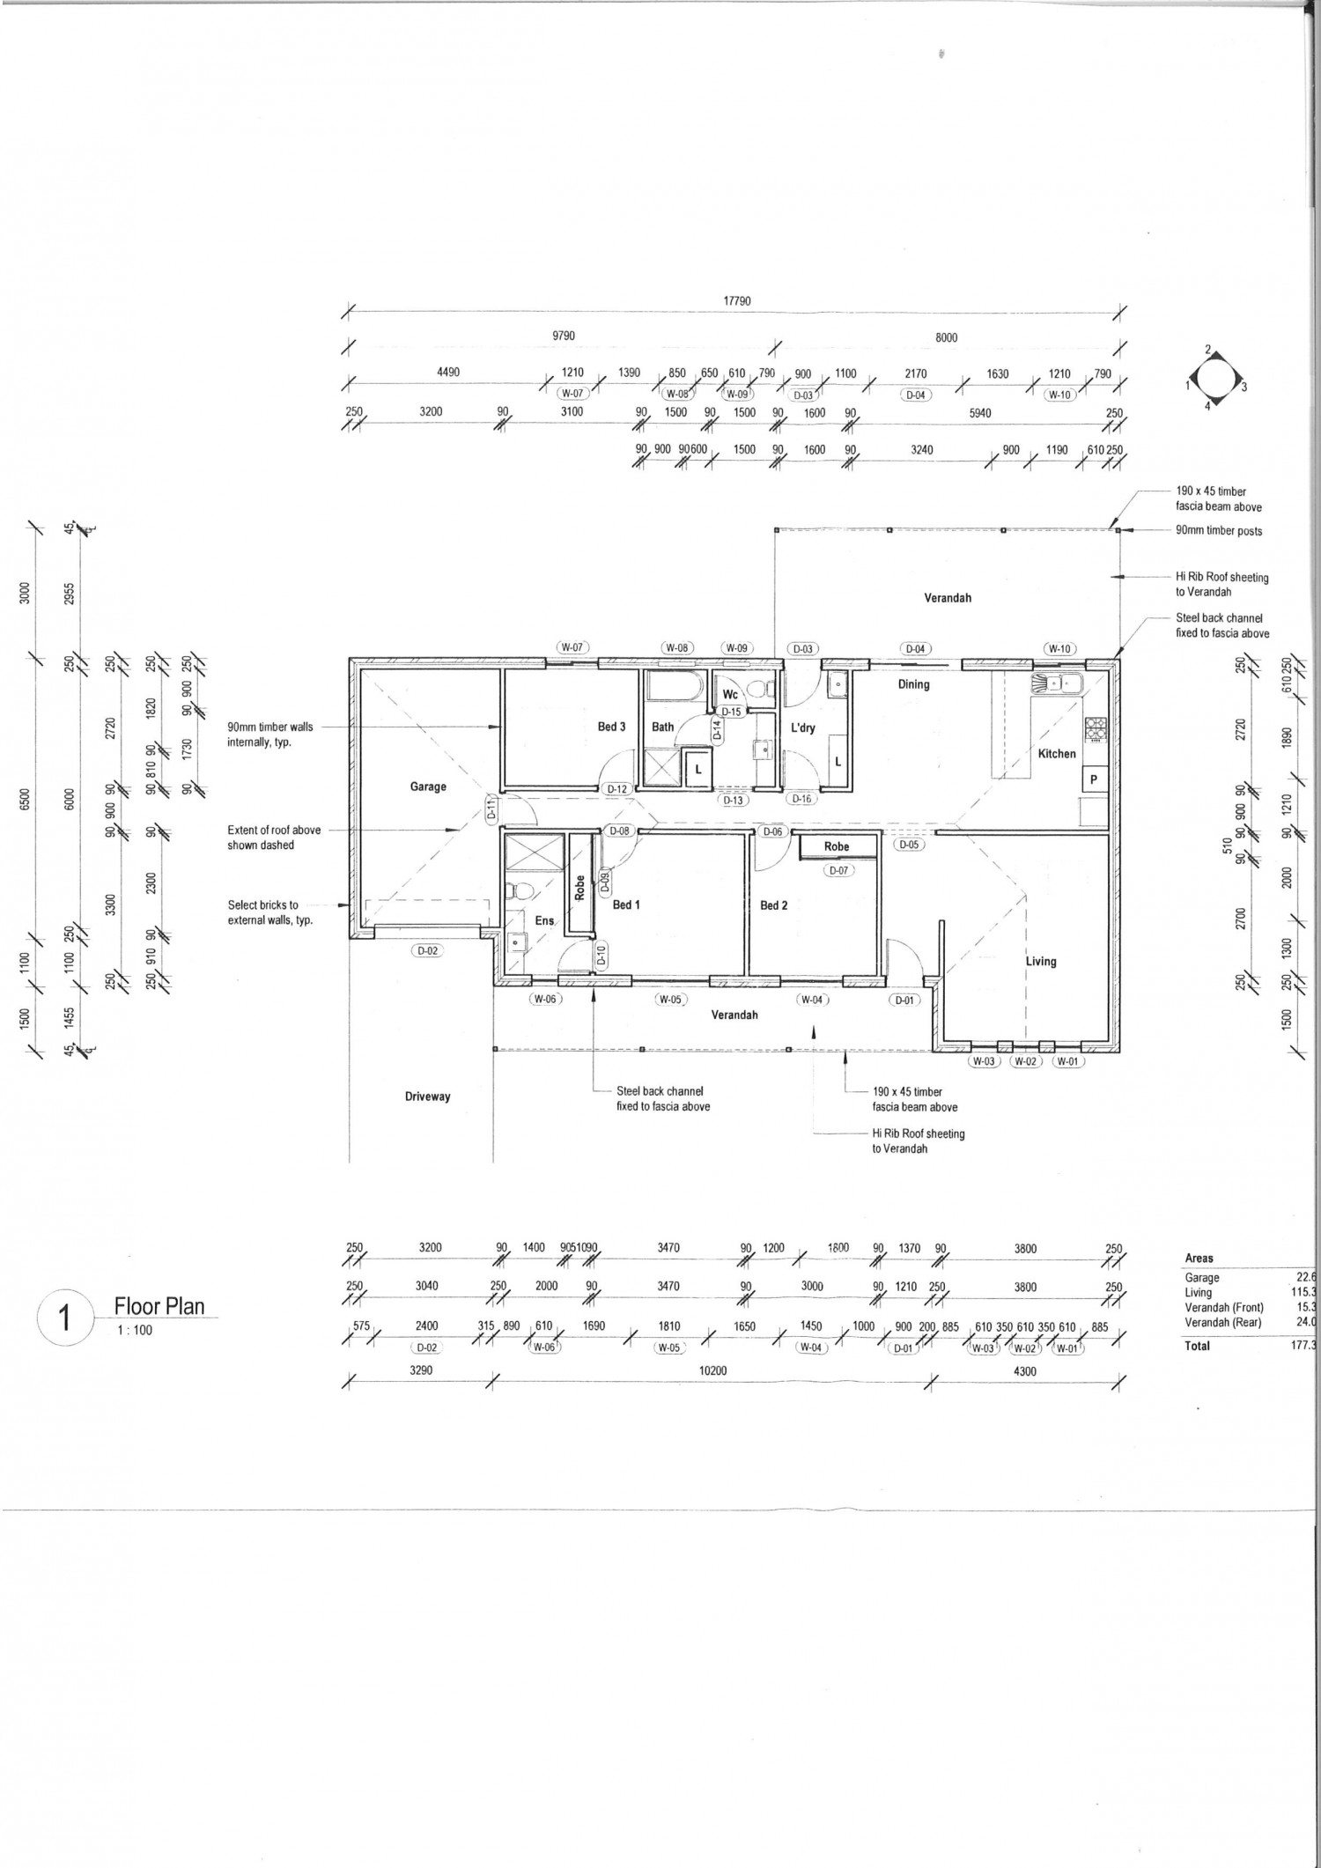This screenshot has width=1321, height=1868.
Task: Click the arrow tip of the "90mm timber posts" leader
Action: [x=1120, y=530]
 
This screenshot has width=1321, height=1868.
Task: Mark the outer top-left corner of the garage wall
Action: [x=350, y=657]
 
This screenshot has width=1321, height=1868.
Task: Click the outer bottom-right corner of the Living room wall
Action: [x=1121, y=1053]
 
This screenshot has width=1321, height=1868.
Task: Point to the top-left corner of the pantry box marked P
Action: [x=1084, y=767]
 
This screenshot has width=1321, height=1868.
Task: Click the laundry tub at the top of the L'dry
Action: [x=838, y=683]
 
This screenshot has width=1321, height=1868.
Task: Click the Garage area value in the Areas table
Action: [x=1311, y=1277]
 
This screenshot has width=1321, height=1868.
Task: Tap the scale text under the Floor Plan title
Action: [x=134, y=1331]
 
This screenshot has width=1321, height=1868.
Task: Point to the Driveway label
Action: [x=427, y=1096]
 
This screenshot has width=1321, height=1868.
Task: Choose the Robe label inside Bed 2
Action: [x=837, y=846]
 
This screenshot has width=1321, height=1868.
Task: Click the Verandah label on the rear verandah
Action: [x=948, y=598]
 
